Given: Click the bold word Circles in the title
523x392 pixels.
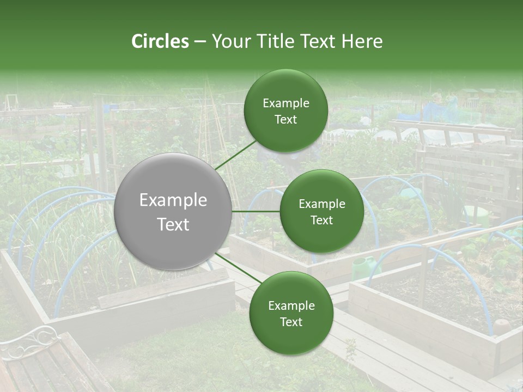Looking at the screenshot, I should pyautogui.click(x=160, y=41).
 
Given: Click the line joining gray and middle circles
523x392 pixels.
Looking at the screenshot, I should pyautogui.click(x=256, y=211).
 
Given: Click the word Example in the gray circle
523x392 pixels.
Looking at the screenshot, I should pyautogui.click(x=173, y=200).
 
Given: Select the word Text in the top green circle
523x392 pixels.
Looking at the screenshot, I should pyautogui.click(x=285, y=120).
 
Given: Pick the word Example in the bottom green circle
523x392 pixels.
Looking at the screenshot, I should pyautogui.click(x=291, y=306).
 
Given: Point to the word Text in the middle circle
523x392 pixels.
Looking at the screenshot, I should pyautogui.click(x=321, y=220).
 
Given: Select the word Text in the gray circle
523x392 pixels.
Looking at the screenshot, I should pyautogui.click(x=173, y=224).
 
